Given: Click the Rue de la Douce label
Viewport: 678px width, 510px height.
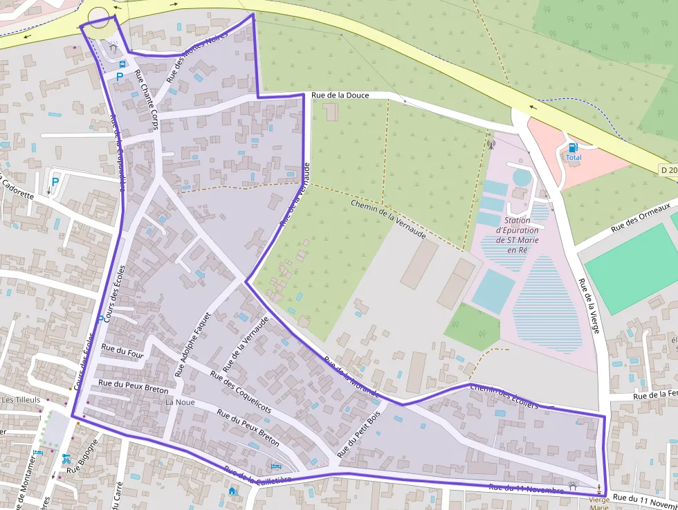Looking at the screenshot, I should click(x=340, y=95).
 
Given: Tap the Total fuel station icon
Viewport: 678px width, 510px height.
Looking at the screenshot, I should click(x=573, y=147).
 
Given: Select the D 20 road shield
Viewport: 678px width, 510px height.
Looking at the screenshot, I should click(x=668, y=170).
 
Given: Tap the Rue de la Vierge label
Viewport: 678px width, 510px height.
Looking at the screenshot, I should click(x=588, y=305).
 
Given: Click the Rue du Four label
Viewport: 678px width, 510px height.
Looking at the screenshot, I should click(x=122, y=350).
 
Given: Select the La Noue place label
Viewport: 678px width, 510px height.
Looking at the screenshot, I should click(x=180, y=402).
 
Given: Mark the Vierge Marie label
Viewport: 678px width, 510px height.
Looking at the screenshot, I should click(x=599, y=503).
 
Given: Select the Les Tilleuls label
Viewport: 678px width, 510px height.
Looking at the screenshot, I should click(x=21, y=400).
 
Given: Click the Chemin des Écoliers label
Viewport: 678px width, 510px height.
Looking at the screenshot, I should click(x=503, y=397).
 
